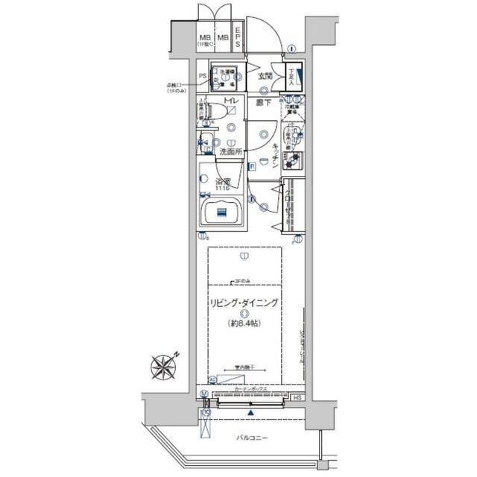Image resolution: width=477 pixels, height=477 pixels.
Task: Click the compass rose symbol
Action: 163,367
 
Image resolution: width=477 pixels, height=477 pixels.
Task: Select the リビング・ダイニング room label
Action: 244,303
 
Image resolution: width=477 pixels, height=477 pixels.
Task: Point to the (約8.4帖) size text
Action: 244,323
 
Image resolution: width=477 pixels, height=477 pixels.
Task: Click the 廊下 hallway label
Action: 262,103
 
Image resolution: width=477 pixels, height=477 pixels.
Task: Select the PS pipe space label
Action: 202,76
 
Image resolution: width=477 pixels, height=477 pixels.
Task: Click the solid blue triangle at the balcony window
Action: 250,412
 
